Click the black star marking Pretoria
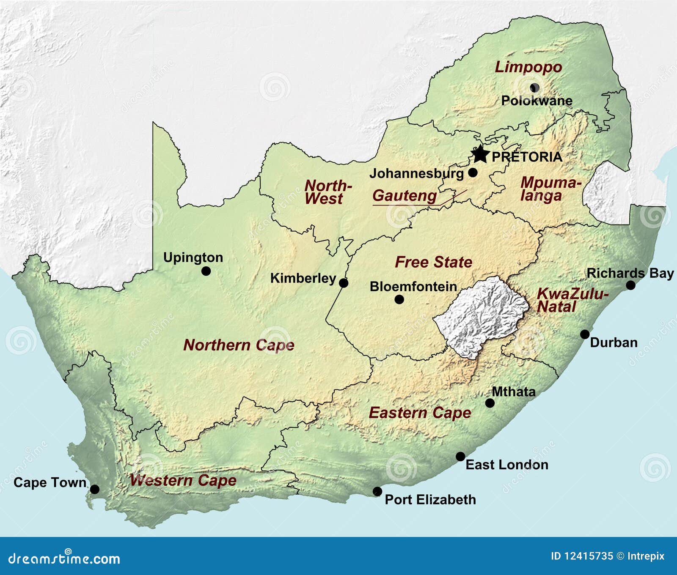coord(480,154)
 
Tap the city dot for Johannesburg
coord(473,172)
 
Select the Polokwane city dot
coord(534,88)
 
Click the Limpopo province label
coord(528,67)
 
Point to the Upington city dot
coord(206,271)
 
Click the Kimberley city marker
coord(344,283)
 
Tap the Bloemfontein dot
coord(399,299)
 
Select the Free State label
coord(433,262)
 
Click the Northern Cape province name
coord(239,345)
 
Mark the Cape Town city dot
coord(95,489)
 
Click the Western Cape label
coord(183,480)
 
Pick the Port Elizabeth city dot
coord(377,491)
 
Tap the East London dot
coord(460,457)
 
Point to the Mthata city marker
coord(490,403)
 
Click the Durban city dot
coord(585,334)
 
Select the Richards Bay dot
coord(630,285)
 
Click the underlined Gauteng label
coord(405,196)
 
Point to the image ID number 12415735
coord(589,556)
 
